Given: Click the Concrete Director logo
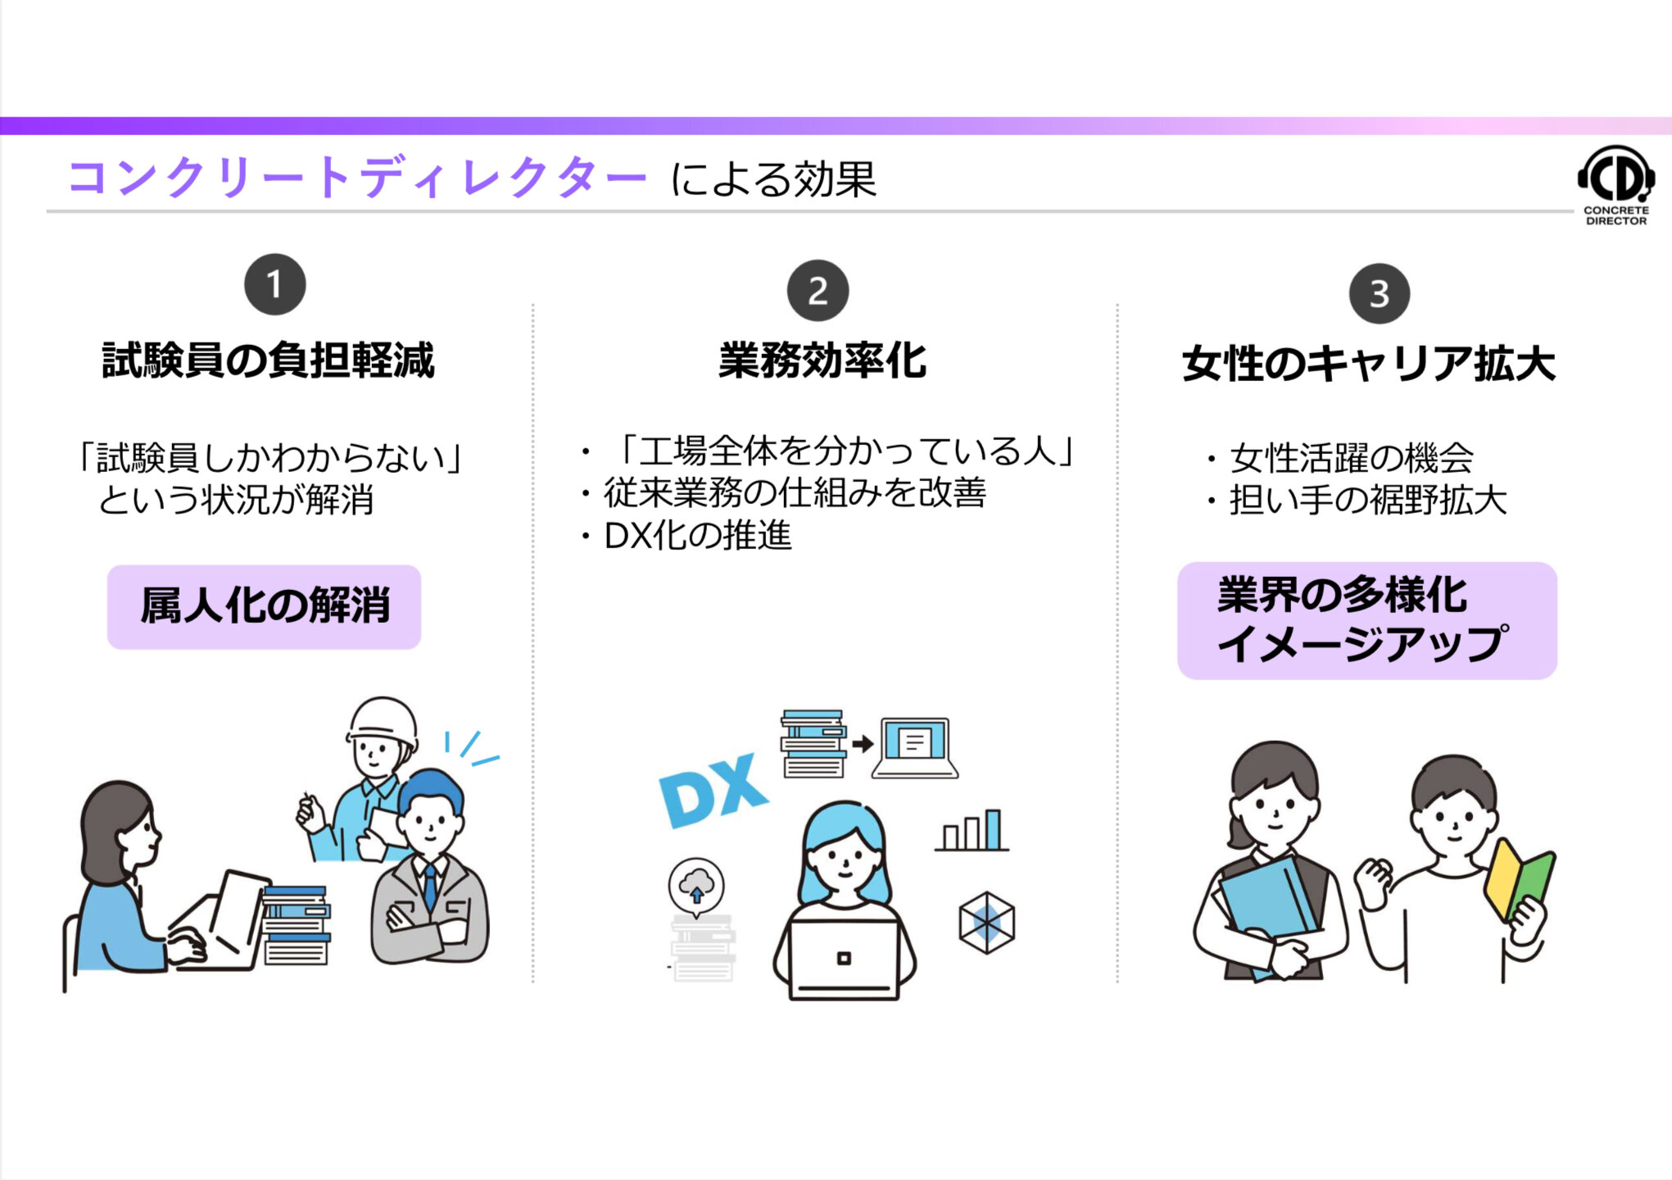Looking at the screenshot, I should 1615,184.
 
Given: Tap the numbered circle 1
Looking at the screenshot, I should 274,284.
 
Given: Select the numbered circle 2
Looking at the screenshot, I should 818,291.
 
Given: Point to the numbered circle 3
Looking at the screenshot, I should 1380,293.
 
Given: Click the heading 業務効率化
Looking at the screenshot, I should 822,361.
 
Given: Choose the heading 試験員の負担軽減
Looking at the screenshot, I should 268,361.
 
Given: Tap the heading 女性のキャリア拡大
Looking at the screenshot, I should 1368,364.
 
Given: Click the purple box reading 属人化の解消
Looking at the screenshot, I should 264,606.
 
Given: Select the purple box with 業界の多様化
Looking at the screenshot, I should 1366,620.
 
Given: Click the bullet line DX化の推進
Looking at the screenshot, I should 696,536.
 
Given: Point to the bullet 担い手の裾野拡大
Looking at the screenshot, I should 1366,500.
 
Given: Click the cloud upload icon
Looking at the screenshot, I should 696,885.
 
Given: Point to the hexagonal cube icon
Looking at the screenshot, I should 986,923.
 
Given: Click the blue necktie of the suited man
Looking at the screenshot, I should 430,886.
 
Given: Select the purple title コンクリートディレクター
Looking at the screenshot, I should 357,178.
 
